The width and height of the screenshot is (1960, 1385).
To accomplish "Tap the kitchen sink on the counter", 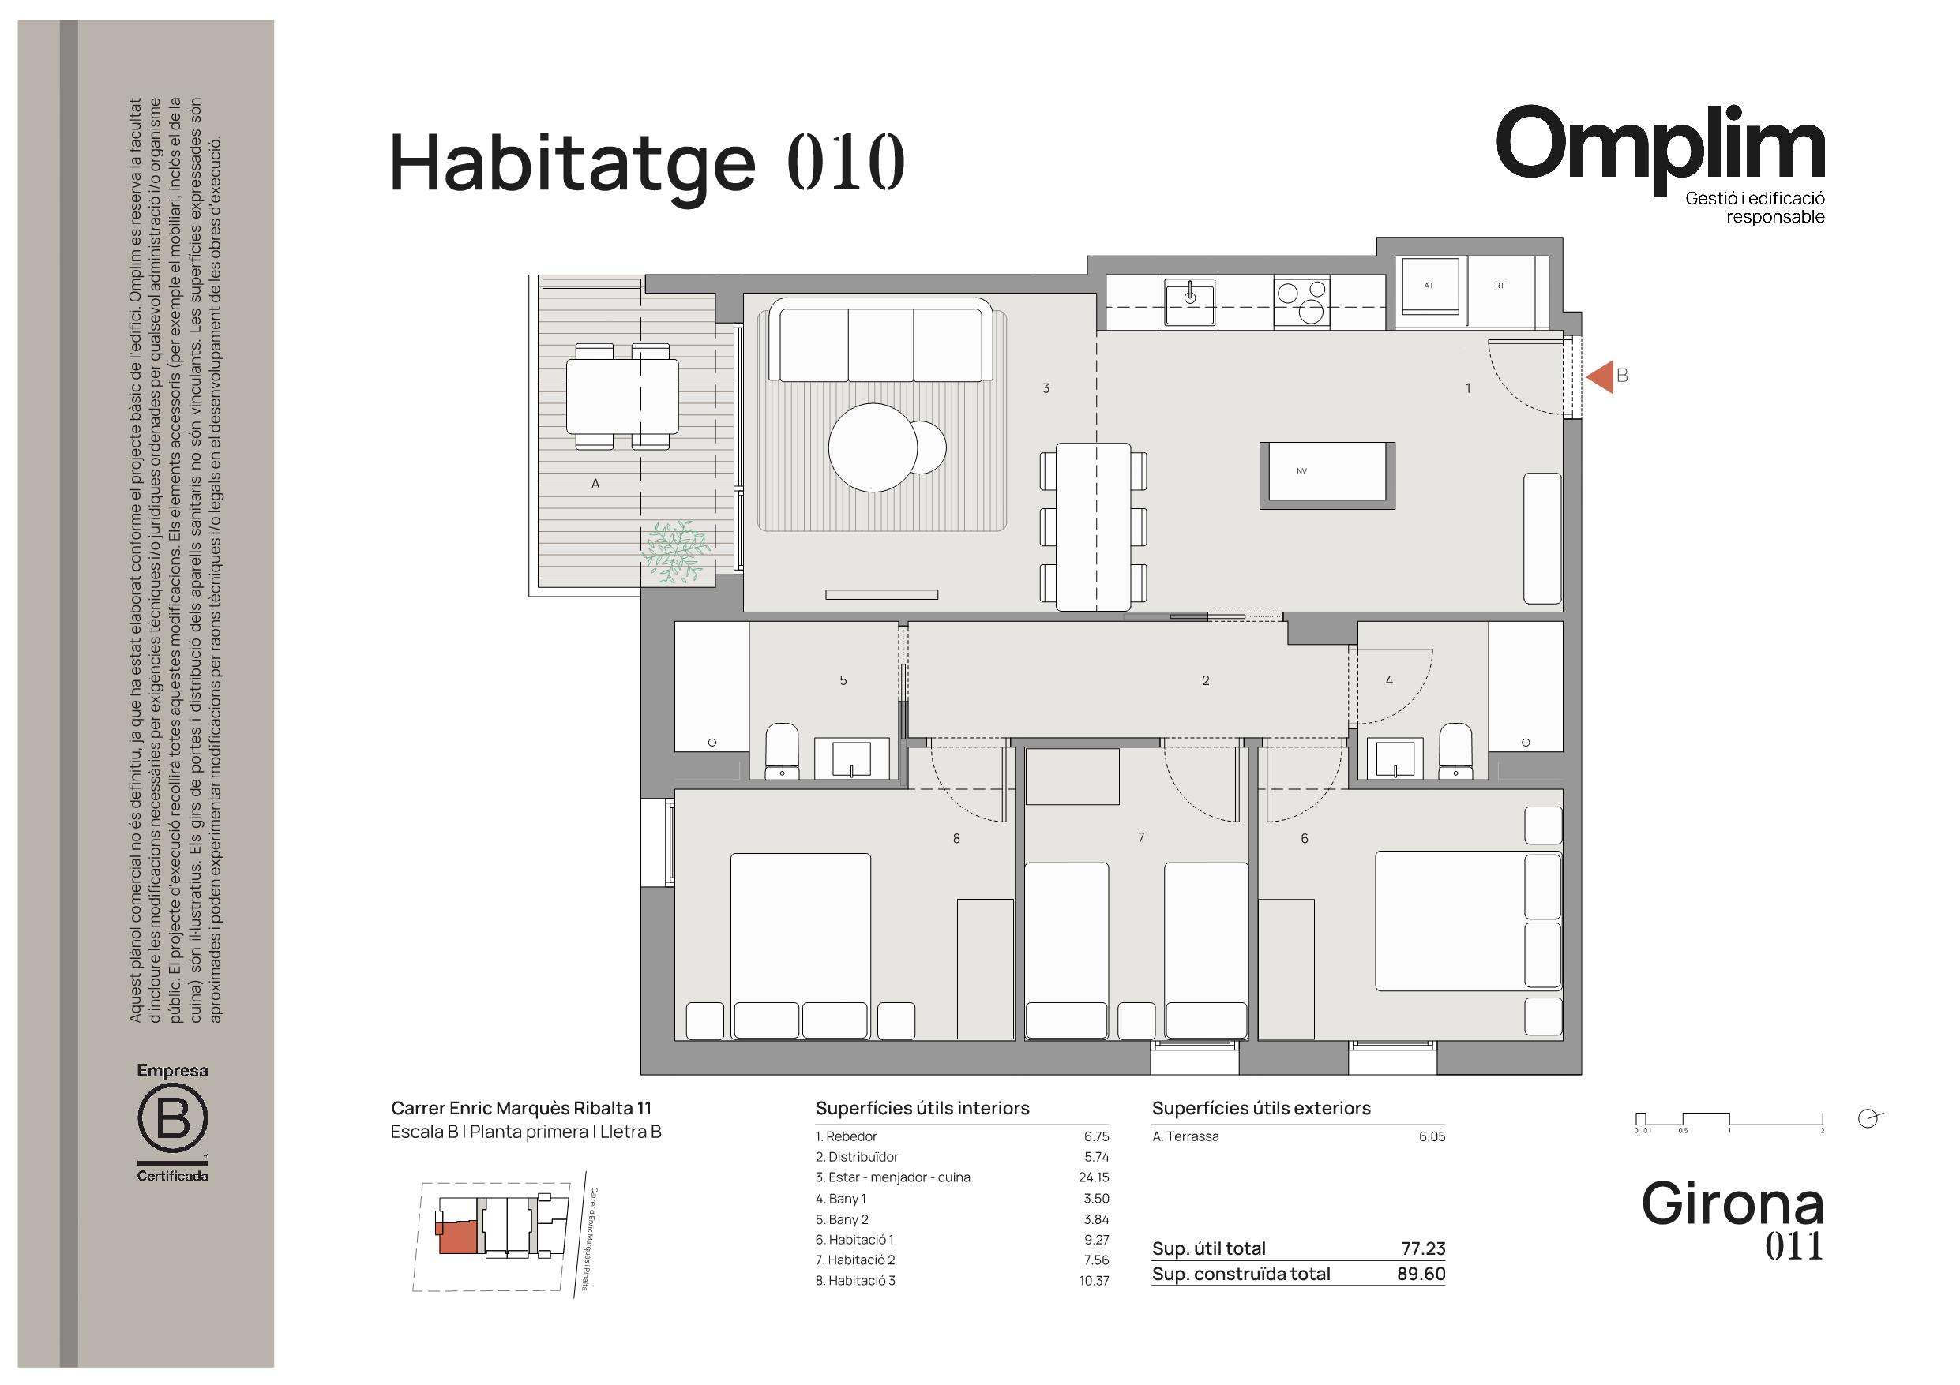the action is tap(1190, 302).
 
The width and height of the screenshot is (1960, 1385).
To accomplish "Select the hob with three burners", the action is tap(1301, 302).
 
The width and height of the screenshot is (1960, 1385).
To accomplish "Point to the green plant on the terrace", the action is tap(677, 552).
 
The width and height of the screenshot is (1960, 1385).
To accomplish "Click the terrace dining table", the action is tap(622, 396).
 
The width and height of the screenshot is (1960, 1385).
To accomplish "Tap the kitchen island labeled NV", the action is tap(1327, 476).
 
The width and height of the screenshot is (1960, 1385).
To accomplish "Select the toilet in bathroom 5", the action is tap(781, 751).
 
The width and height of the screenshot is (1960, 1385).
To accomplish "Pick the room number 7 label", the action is tap(1141, 838).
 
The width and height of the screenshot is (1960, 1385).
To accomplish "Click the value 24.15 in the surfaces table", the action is tap(1094, 1177).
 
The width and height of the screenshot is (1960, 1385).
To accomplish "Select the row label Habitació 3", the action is tap(855, 1280).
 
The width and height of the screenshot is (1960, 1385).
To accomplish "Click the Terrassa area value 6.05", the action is tap(1432, 1136).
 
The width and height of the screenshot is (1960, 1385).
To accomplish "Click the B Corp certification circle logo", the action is tap(172, 1120).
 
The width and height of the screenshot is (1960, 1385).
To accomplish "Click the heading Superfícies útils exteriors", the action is tap(1261, 1109).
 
